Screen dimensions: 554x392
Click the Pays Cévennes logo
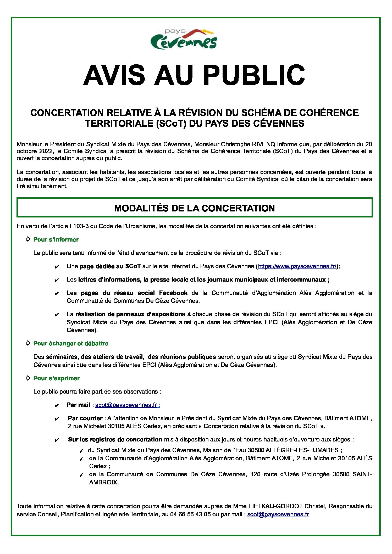pos(184,40)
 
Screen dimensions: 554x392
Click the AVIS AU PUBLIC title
pos(194,75)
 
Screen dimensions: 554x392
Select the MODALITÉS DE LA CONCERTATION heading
pos(194,208)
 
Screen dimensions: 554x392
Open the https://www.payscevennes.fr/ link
pos(297,266)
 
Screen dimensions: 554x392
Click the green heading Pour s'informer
pos(56,239)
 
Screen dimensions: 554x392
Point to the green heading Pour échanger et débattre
pos(71,343)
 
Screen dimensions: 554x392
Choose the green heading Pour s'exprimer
pos(56,378)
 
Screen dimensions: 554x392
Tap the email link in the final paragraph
pos(278,514)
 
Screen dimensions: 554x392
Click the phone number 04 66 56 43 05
pos(190,514)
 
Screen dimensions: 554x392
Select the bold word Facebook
pos(173,293)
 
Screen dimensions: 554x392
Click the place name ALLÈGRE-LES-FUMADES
pos(302,450)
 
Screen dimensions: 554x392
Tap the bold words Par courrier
pos(85,418)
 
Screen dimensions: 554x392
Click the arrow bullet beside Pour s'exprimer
pos(29,378)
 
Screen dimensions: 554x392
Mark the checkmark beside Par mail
pos(57,406)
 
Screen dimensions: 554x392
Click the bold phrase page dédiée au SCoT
pos(110,266)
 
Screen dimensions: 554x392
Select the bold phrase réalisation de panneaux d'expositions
pos(130,314)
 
